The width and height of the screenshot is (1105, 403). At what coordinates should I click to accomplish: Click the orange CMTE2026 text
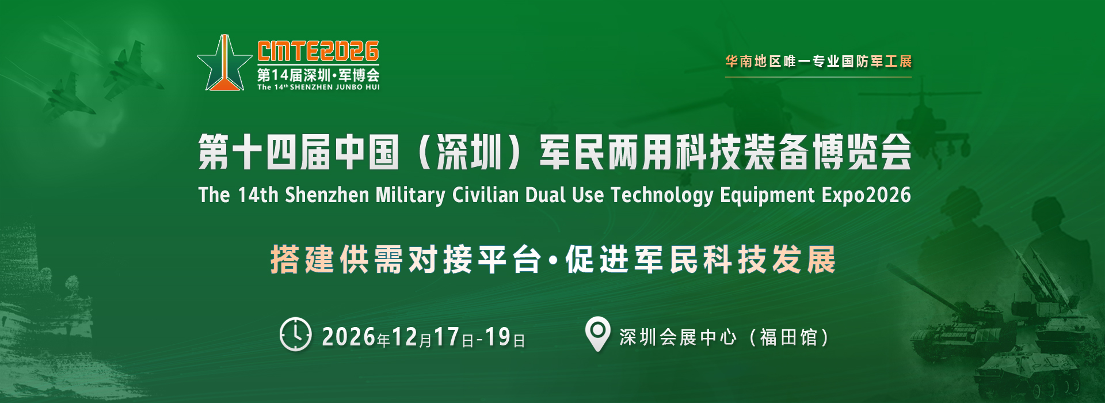pos(318,52)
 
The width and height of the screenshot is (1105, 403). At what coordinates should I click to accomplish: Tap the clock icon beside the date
pos(295,334)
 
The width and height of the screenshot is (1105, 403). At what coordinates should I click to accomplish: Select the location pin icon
pos(597,334)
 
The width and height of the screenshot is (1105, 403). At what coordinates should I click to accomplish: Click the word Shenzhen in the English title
pos(327,195)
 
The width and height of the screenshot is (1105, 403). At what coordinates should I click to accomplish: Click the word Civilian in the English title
pos(485,195)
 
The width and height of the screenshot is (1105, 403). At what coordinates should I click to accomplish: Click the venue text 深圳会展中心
pos(678,337)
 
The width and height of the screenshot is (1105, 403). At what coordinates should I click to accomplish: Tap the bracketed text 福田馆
pos(788,337)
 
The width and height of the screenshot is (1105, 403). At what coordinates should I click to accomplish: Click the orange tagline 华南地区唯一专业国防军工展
pos(818,61)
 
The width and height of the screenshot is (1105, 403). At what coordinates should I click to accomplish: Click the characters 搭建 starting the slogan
pos(302,260)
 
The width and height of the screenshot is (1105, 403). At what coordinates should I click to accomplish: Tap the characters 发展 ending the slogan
pos(804,260)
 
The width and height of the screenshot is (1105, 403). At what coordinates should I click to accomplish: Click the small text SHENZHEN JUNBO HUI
pos(335,88)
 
